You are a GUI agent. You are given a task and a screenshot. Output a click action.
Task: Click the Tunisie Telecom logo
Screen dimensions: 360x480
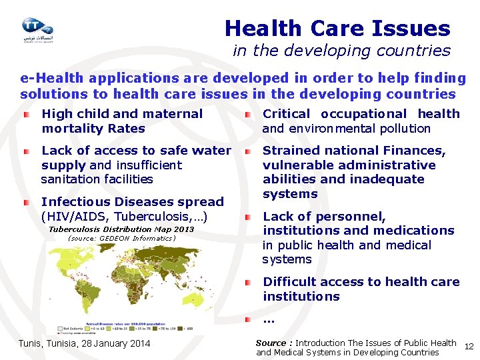[37, 29]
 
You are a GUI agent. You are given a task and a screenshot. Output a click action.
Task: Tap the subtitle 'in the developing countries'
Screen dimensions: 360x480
[341, 51]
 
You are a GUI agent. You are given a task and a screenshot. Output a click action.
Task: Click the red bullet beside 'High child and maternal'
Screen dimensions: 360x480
[26, 115]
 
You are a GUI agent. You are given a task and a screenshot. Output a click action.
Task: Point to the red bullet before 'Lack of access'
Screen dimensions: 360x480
[26, 151]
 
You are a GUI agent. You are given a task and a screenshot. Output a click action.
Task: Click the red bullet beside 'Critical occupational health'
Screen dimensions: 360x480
[247, 115]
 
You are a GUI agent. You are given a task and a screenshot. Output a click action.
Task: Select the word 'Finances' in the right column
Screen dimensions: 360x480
[417, 151]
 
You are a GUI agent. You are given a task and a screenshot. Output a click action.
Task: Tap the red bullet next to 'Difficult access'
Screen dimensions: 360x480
[247, 283]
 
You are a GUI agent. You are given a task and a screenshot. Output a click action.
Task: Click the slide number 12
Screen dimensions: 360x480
[468, 347]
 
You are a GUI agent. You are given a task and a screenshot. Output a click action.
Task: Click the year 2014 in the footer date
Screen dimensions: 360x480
[138, 344]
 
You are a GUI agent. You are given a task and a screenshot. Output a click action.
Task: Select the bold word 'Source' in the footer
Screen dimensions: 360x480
[271, 343]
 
